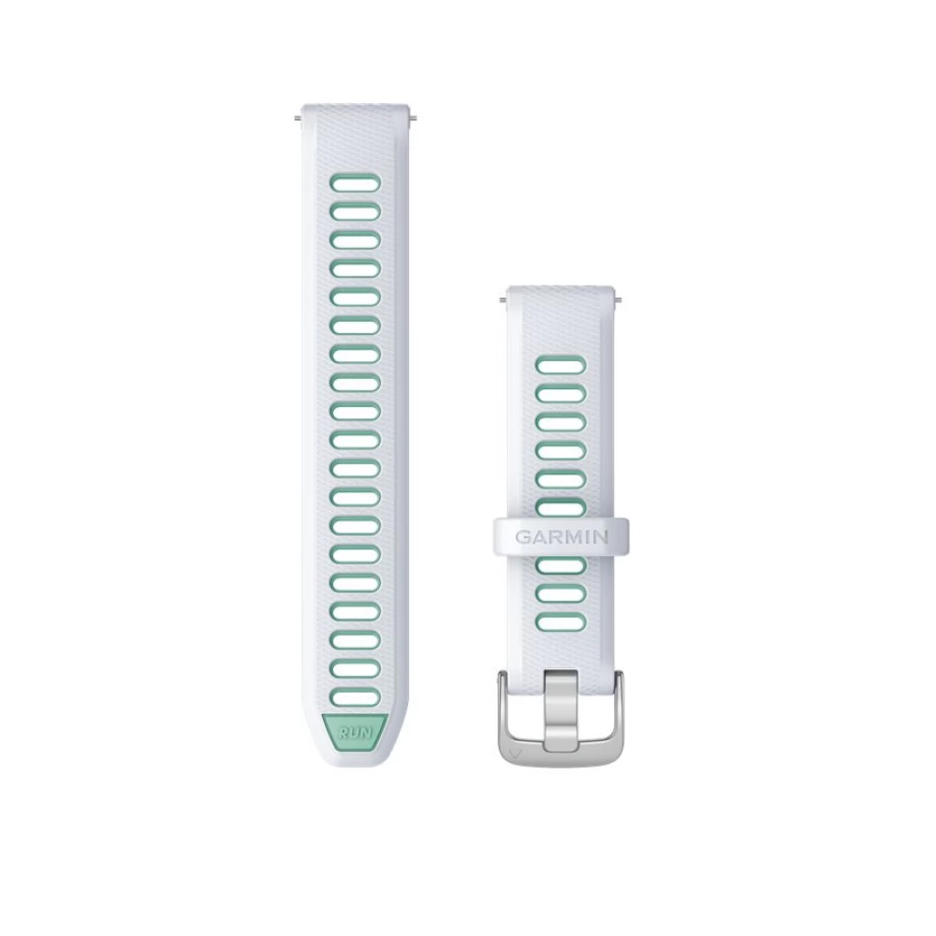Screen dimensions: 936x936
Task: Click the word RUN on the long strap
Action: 355,733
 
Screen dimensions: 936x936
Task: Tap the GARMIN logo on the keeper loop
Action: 561,536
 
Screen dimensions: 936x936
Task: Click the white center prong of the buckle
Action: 561,709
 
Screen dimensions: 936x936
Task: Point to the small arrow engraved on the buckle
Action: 516,753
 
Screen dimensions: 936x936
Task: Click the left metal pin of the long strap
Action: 300,118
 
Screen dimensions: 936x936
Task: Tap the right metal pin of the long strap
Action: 412,118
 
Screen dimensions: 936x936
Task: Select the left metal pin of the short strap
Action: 504,300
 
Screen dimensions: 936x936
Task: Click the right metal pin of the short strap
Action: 618,300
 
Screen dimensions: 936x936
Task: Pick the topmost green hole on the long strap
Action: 355,183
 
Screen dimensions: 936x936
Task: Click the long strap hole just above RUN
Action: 355,697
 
